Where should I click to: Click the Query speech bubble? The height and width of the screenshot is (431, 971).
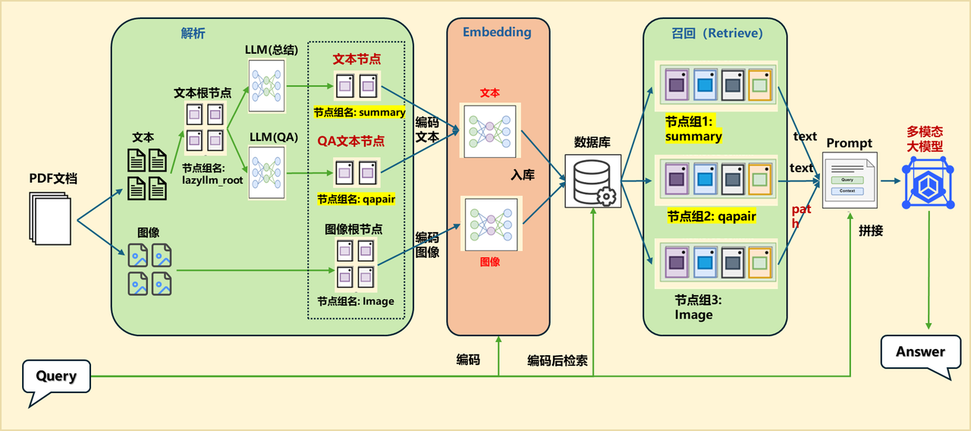click(56, 376)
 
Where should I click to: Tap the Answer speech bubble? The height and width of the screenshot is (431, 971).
click(920, 352)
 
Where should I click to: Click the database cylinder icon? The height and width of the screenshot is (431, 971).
click(592, 180)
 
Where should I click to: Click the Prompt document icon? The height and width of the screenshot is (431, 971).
click(849, 179)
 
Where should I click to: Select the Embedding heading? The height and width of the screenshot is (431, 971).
click(497, 33)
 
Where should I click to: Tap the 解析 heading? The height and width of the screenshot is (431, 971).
click(193, 33)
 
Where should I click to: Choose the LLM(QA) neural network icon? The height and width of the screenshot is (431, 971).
click(266, 172)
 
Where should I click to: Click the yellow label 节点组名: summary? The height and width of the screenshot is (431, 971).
click(360, 112)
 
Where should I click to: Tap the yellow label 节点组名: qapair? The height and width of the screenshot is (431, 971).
click(356, 200)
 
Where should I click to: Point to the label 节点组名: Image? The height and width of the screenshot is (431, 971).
click(356, 300)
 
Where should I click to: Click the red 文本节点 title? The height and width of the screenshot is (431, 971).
click(357, 58)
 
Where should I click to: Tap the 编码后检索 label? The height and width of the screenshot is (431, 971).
click(557, 360)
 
